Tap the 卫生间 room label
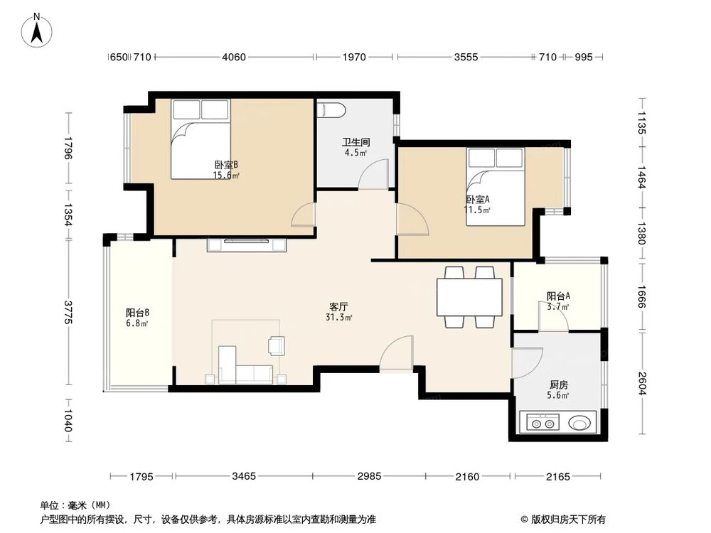tap(355, 142)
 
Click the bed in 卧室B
tap(200, 139)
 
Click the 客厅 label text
tap(338, 307)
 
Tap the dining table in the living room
tap(469, 298)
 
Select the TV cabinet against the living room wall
tap(247, 245)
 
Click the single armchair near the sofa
tap(276, 345)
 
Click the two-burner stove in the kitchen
tap(541, 424)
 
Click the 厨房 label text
tap(558, 385)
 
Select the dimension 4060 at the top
tap(234, 58)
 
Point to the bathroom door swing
tap(373, 175)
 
